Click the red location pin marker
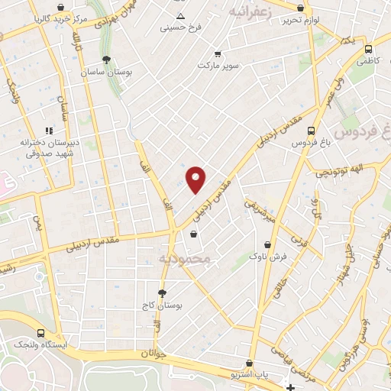click(x=196, y=179)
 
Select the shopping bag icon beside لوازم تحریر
click(x=301, y=8)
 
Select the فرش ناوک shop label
click(x=268, y=257)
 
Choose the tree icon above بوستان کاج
click(x=162, y=293)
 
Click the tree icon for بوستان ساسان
click(x=106, y=60)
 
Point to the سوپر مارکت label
click(x=218, y=66)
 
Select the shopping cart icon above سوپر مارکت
click(x=218, y=54)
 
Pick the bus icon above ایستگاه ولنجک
click(x=40, y=333)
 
